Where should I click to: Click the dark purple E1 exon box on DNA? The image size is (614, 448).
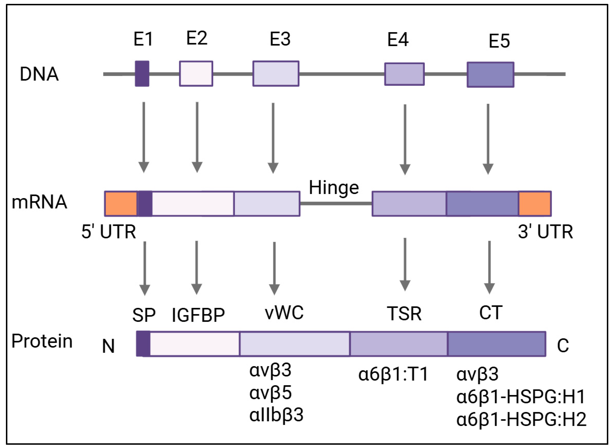click(142, 73)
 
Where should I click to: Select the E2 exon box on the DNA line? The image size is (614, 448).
click(196, 73)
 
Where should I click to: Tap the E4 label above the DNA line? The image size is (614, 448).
click(398, 40)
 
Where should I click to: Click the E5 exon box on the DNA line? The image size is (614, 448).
click(490, 75)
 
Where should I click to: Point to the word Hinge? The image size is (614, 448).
click(334, 188)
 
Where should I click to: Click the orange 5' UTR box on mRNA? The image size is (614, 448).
click(121, 204)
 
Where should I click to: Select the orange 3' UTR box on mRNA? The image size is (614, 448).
click(534, 204)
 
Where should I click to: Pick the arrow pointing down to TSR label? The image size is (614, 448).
click(405, 264)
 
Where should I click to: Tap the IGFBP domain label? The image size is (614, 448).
click(198, 315)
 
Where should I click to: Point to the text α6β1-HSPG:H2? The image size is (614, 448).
click(521, 419)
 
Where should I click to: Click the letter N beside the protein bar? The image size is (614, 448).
click(108, 346)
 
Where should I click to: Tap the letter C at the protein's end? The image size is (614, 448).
click(563, 345)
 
